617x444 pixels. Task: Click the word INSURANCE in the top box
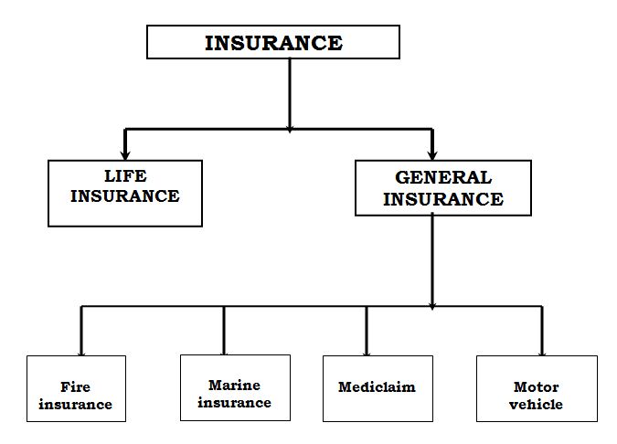pos(273,43)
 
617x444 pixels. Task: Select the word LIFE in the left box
pos(124,175)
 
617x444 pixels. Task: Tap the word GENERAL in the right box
pos(443,177)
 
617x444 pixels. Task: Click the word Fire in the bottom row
pos(75,387)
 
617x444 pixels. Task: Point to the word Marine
pos(234,385)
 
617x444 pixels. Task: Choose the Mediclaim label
pos(377,386)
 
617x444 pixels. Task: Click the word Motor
pos(537,386)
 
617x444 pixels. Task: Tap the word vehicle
pos(537,404)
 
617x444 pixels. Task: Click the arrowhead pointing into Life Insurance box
pos(125,153)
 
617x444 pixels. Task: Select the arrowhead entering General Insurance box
pos(432,153)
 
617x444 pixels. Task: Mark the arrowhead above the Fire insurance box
pos(81,350)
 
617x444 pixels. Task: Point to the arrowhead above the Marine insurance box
pos(224,350)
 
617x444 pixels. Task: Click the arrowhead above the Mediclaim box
pos(367,350)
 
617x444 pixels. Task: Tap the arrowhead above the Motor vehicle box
pos(542,350)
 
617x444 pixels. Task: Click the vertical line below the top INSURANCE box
pos(290,91)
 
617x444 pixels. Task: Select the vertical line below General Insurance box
pos(432,260)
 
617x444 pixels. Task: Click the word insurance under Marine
pos(234,402)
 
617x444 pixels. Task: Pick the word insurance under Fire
pos(75,404)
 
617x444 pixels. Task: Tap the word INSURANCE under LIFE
pos(124,196)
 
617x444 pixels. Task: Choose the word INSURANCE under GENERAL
pos(443,198)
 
